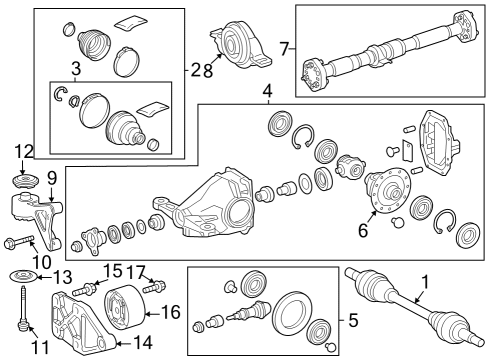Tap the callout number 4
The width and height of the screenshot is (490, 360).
point(267,93)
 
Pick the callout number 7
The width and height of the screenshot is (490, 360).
point(284,47)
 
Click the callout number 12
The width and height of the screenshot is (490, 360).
point(24,151)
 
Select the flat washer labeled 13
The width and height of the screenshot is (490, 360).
point(19,275)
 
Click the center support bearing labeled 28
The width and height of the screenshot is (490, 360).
point(240,46)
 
